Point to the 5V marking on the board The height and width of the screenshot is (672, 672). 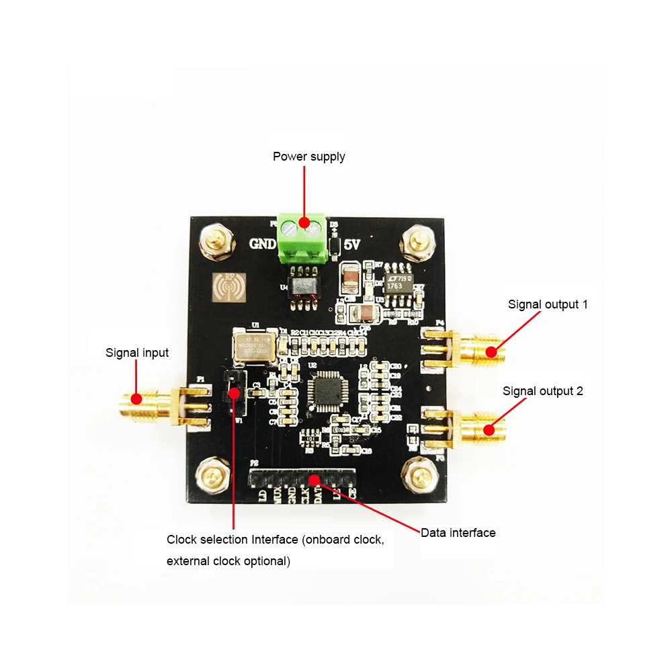tap(352, 245)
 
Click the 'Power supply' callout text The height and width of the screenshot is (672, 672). tap(308, 157)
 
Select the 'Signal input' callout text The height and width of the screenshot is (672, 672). tap(137, 352)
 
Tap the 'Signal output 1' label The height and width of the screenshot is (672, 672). tap(548, 304)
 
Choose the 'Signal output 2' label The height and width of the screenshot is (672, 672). tap(543, 390)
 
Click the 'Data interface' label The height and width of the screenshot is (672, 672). tap(458, 533)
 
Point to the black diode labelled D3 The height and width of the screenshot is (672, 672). tap(334, 245)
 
